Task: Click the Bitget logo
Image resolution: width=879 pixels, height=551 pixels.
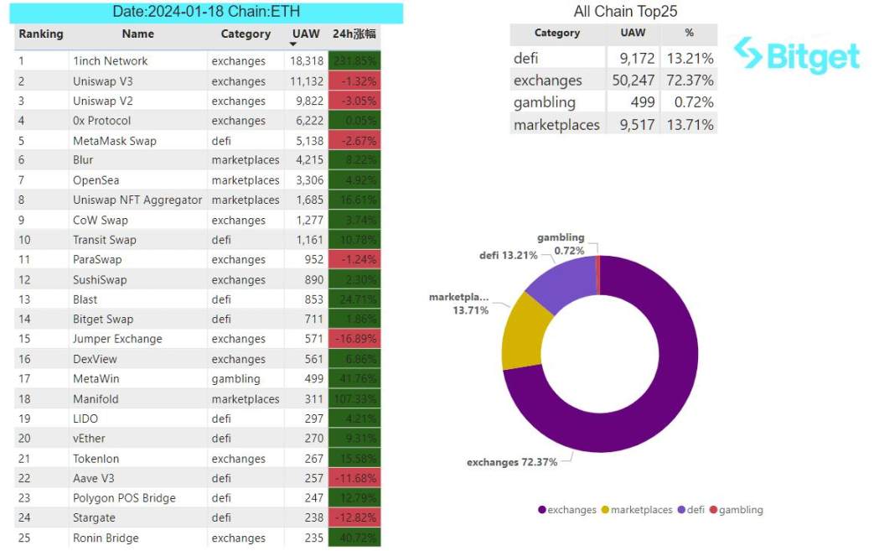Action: point(797,55)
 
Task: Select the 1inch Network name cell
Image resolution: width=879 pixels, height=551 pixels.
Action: point(110,61)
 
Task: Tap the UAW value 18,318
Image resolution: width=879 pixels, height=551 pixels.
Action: point(306,61)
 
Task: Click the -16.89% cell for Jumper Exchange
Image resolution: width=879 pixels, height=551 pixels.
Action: point(354,339)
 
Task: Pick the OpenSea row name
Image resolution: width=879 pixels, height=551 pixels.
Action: point(96,180)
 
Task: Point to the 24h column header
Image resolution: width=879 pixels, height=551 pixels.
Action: point(354,34)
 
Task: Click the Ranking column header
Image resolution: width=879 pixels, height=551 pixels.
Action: point(41,34)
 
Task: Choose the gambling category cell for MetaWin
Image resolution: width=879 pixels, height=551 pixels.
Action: point(235,379)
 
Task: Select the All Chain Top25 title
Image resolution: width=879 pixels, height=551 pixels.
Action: point(625,12)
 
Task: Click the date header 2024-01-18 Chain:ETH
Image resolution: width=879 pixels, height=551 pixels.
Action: point(206,12)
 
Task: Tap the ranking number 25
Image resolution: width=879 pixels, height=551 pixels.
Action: point(24,538)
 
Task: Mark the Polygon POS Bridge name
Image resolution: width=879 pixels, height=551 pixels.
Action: point(124,498)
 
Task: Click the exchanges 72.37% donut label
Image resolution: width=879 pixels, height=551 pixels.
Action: point(511,462)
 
